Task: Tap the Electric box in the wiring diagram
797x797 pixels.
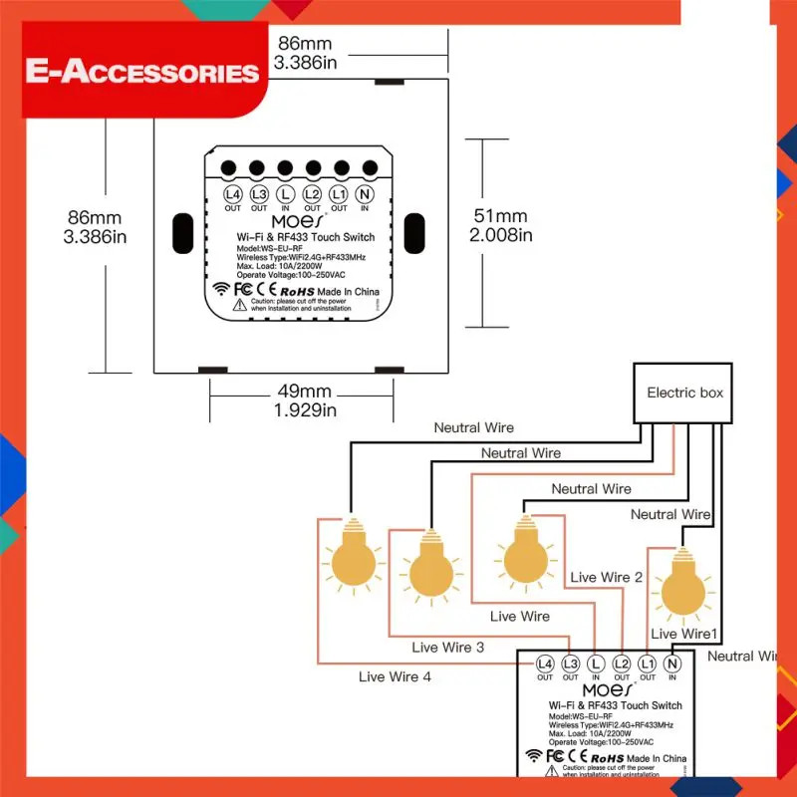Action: (x=684, y=393)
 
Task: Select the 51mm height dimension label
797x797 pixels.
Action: (x=500, y=225)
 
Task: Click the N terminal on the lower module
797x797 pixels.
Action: (x=672, y=664)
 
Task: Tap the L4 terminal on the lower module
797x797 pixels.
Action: (x=545, y=664)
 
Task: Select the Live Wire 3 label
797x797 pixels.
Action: (x=447, y=648)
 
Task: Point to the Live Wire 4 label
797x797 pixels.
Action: (x=397, y=677)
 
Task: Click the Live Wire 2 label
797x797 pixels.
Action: (x=606, y=577)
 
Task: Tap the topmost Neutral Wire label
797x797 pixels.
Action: (x=473, y=427)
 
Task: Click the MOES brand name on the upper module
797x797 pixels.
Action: (x=299, y=221)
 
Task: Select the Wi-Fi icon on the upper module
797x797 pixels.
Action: (x=220, y=290)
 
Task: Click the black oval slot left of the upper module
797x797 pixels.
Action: (x=181, y=233)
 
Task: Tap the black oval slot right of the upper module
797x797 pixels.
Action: (x=417, y=233)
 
